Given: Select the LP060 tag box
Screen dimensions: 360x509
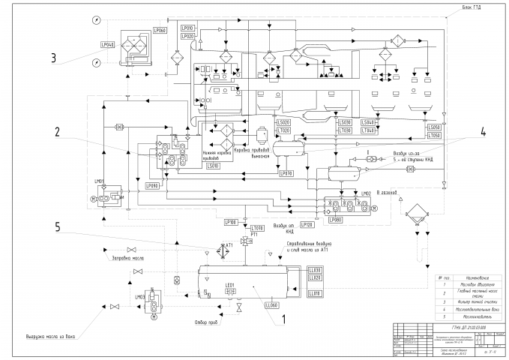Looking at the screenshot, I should [160, 29].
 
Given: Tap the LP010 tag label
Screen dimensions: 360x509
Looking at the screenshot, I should [187, 28].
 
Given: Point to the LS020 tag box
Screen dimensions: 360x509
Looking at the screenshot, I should [283, 122].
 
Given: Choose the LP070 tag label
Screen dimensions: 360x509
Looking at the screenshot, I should [286, 174].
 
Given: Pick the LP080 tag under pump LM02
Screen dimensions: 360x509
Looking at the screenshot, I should [334, 220].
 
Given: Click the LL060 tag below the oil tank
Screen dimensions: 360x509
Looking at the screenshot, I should [271, 305].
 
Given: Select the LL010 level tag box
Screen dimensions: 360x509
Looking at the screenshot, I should [314, 293].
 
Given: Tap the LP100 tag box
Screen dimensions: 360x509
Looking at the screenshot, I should [231, 222].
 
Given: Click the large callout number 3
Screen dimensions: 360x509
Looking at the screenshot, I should [53, 57].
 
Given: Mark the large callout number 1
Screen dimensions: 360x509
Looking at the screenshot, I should [283, 318].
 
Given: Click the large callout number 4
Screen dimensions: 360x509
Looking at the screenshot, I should [483, 130].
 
